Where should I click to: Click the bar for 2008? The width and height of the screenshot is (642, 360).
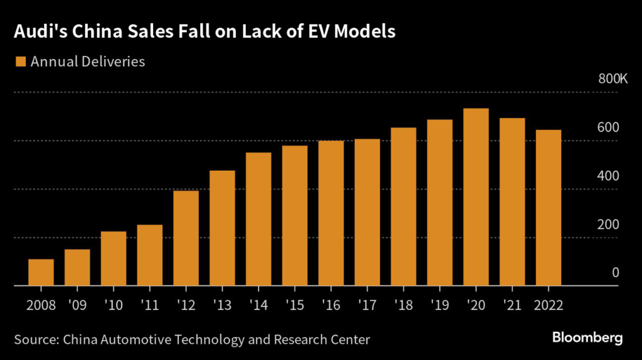point(41,272)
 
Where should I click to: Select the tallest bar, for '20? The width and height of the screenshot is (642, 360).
point(476,197)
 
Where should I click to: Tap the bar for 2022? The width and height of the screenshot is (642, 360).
point(549,208)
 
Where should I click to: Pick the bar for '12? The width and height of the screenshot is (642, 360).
point(186,238)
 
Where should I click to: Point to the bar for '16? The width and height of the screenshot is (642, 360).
point(331,213)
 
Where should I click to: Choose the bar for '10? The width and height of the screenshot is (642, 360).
point(113,258)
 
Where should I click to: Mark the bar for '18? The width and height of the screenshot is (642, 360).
point(403,206)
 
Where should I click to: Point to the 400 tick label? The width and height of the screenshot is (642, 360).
point(608,176)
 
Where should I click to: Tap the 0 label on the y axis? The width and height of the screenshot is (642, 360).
point(616,272)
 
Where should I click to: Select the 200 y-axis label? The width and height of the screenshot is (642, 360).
point(608,224)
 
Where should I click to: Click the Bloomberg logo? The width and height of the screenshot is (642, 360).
point(587,338)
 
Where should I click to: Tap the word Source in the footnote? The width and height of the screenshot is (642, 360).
point(35,339)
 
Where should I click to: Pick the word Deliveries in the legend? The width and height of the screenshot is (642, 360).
point(112,61)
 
